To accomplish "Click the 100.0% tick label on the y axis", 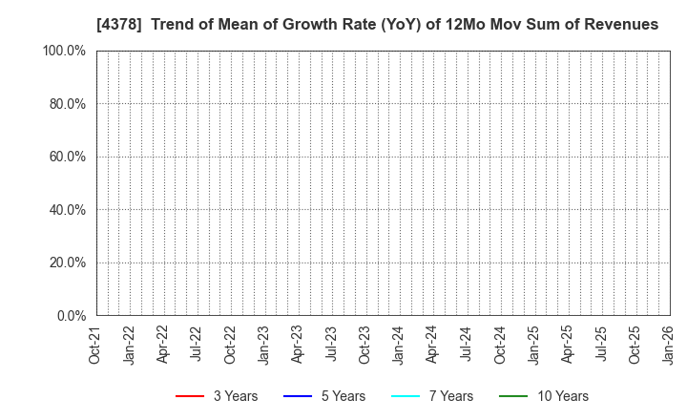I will [x=64, y=51].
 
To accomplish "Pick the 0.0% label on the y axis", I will [x=70, y=316].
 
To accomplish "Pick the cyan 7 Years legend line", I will [x=406, y=396].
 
